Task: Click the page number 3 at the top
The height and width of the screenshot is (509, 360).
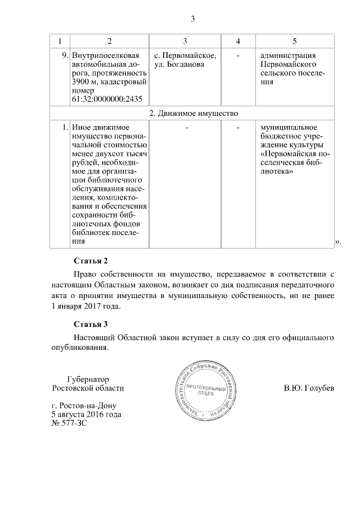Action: coord(192,19)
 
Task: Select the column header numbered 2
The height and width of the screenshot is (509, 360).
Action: coord(109,42)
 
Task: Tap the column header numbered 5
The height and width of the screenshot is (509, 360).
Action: coord(295,42)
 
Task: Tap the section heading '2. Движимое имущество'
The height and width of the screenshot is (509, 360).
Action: coord(192,113)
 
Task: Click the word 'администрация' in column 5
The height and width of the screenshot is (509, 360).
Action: coord(287,56)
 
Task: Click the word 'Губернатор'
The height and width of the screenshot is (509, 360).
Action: coord(88,379)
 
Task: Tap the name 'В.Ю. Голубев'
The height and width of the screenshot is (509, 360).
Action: coord(309,388)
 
